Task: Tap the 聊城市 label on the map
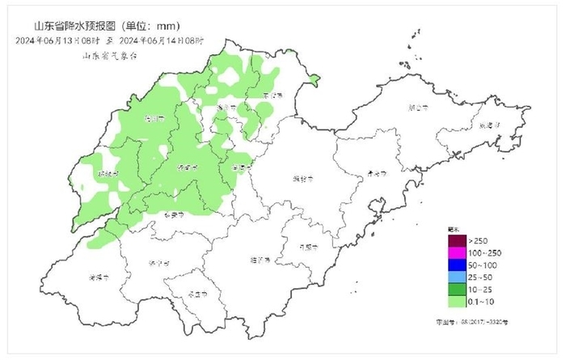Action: click(x=107, y=173)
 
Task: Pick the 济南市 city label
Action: click(x=187, y=167)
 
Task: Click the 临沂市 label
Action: click(x=260, y=260)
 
